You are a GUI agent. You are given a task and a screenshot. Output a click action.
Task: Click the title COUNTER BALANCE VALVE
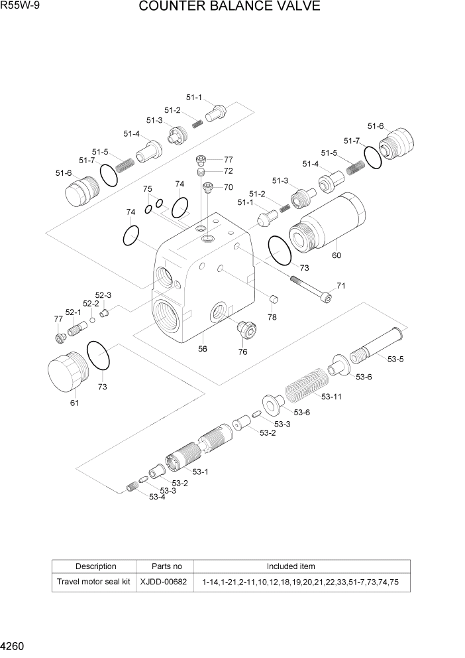pyautogui.click(x=230, y=7)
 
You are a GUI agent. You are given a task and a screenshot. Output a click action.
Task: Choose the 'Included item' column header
pyautogui.click(x=291, y=566)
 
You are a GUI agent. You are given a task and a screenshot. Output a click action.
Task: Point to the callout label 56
pyautogui.click(x=203, y=349)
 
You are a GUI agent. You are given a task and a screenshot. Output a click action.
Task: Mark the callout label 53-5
pyautogui.click(x=395, y=360)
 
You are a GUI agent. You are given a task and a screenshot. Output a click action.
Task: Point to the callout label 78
pyautogui.click(x=272, y=317)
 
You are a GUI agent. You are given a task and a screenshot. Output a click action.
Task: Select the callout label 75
pyautogui.click(x=148, y=189)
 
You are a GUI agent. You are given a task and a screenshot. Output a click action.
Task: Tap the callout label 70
pyautogui.click(x=228, y=187)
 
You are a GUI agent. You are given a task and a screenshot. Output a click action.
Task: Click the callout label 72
pyautogui.click(x=228, y=171)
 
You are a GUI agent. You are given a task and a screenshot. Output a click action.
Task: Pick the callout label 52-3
pyautogui.click(x=103, y=295)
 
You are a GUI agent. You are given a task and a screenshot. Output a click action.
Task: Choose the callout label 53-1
pyautogui.click(x=200, y=472)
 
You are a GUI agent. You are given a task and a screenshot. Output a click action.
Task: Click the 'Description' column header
pyautogui.click(x=95, y=566)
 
